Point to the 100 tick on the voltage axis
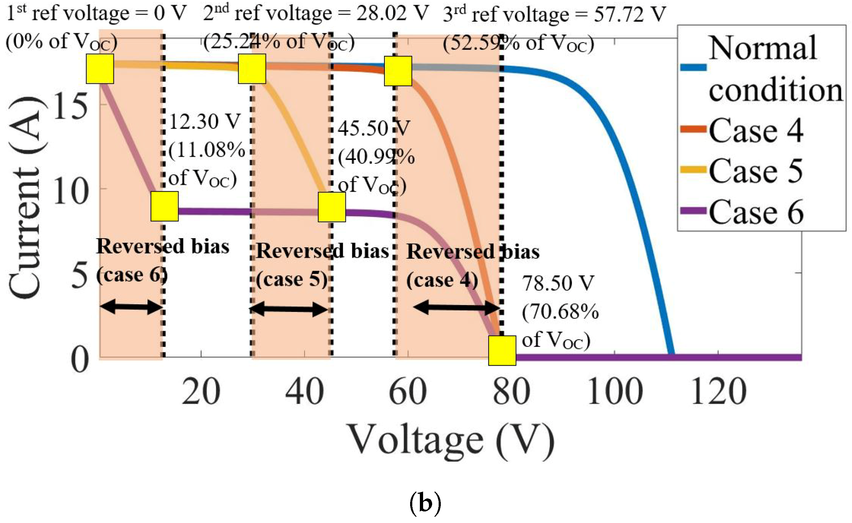615,392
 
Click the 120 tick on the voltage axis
718,392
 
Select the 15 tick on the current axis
70,106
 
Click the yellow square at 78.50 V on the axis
502,350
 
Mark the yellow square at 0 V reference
100,69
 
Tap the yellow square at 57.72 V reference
398,71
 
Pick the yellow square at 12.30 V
164,206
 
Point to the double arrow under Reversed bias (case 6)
131,307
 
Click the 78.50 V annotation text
558,283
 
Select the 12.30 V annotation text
205,122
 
